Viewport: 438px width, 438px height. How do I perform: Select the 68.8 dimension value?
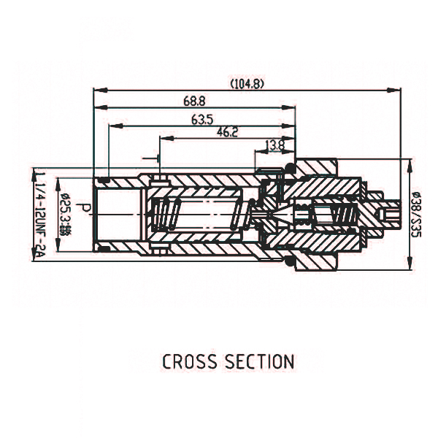tap(193, 101)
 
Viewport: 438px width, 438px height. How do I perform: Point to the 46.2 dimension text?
tap(227, 133)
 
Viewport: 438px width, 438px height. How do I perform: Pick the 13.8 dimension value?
tap(275, 145)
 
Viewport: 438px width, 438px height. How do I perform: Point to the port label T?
tap(154, 158)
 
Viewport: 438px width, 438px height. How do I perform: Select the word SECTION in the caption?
tap(261, 361)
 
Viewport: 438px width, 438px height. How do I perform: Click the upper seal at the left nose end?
tap(104, 180)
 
